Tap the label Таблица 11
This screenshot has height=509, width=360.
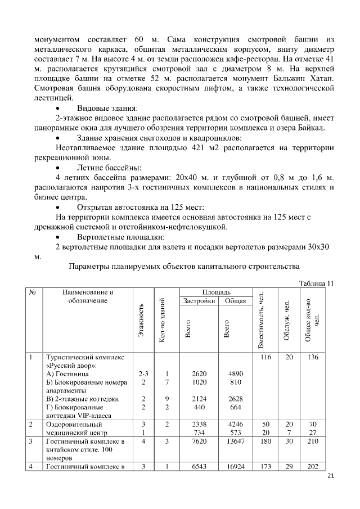point(317,283)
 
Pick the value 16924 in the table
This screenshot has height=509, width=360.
point(235,466)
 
